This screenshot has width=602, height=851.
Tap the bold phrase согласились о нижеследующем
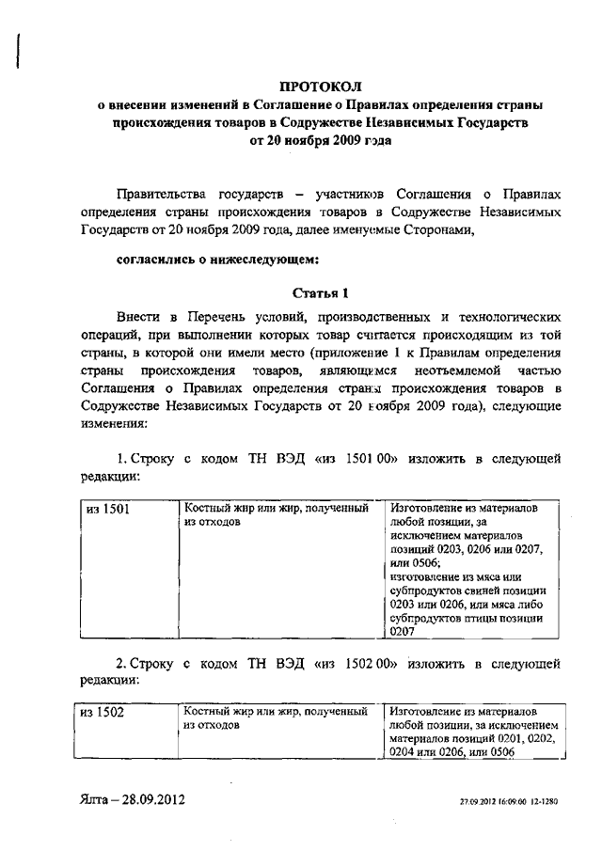point(217,257)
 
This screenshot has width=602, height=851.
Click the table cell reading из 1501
point(107,509)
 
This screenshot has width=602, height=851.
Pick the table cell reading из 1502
point(107,713)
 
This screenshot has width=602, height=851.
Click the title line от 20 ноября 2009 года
point(321,140)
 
